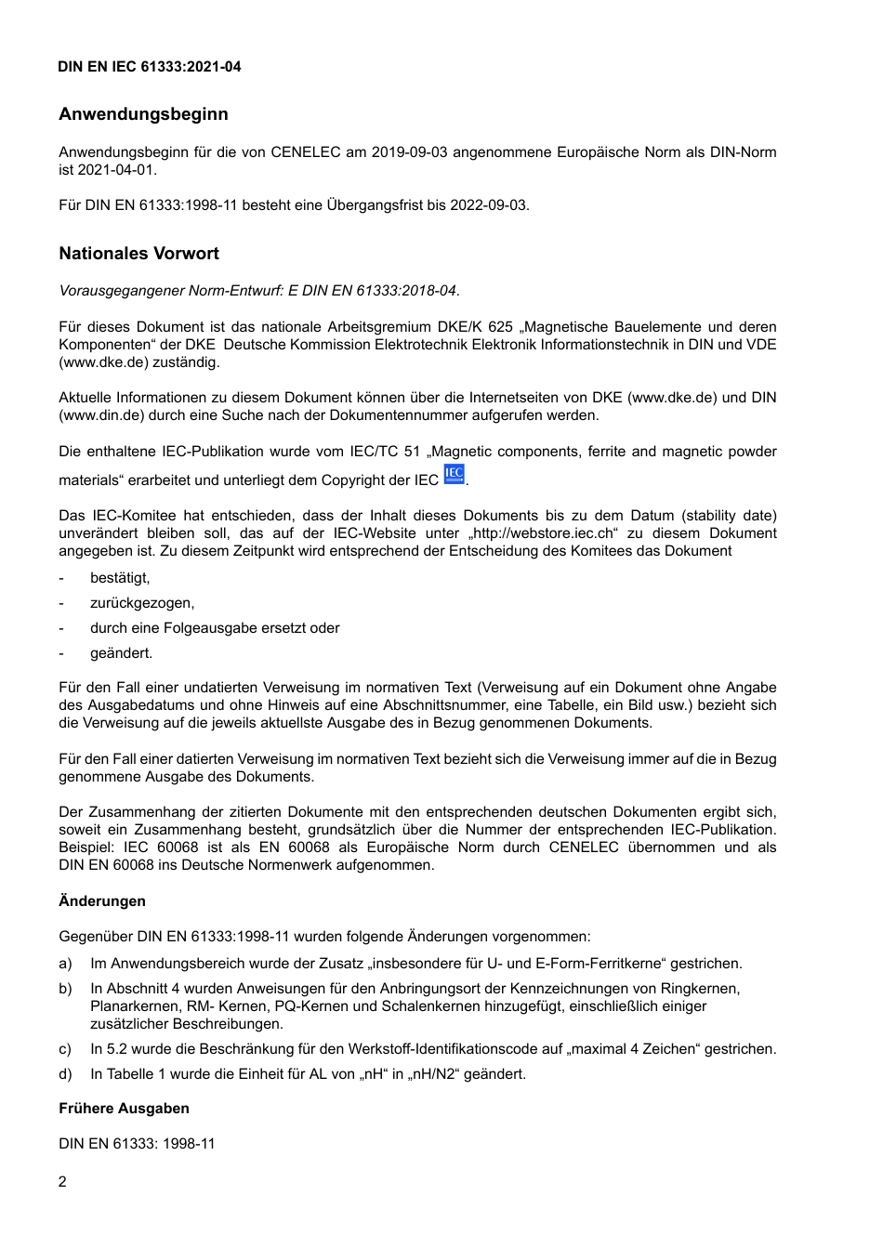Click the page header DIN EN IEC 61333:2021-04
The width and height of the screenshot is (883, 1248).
pos(150,67)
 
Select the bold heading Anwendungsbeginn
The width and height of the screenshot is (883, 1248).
pos(143,114)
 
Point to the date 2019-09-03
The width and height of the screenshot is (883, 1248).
pos(409,152)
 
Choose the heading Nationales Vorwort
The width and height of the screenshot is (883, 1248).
pos(139,254)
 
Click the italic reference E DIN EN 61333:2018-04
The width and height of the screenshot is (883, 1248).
pos(372,291)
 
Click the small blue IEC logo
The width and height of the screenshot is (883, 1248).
pos(454,474)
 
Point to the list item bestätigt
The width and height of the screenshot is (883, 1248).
pos(120,578)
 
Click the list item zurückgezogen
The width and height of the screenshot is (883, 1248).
pos(142,603)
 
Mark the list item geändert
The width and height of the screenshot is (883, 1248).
pos(121,653)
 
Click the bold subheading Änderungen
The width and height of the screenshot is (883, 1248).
pos(102,901)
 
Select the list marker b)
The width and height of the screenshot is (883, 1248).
pos(65,989)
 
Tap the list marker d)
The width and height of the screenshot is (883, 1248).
pos(65,1074)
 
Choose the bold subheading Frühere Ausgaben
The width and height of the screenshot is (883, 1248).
pos(124,1109)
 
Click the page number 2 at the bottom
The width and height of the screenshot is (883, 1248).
pos(62,1182)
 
